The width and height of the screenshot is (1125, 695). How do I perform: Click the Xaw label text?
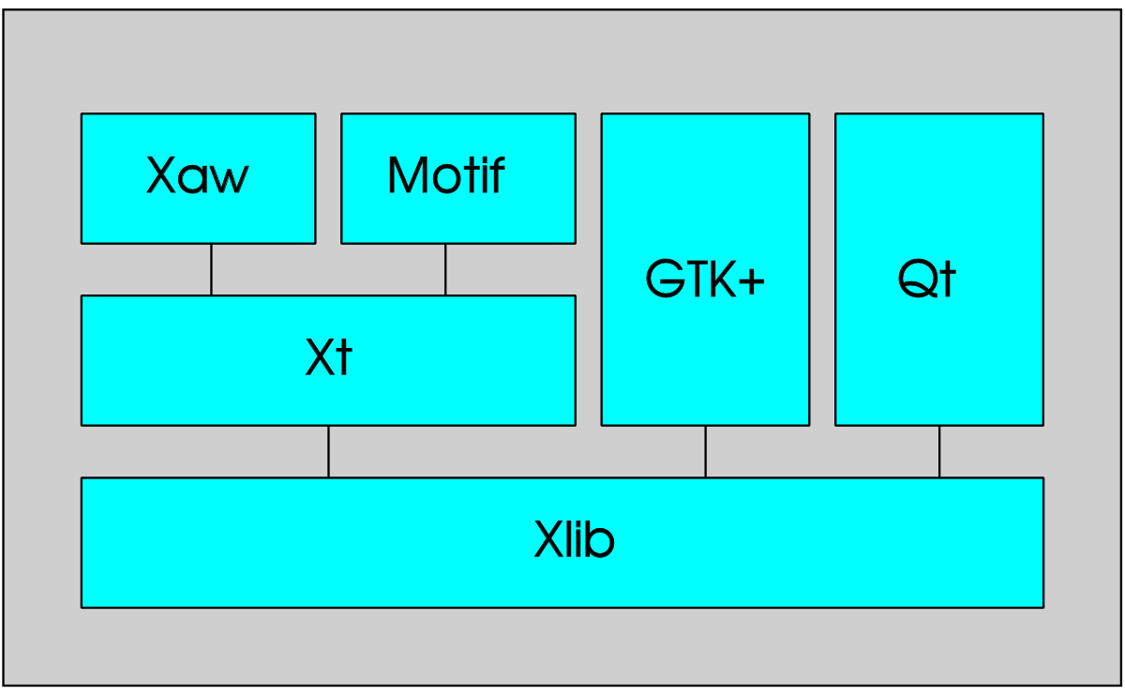[x=198, y=174]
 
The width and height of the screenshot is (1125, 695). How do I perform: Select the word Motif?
[x=446, y=174]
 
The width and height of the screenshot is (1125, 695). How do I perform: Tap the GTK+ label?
[x=705, y=278]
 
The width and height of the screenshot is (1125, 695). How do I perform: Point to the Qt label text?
[x=926, y=278]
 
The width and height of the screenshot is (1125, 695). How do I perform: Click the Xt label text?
[x=329, y=356]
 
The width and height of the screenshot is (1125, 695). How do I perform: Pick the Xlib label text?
[x=574, y=538]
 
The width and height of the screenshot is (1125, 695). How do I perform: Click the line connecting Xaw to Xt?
[x=211, y=270]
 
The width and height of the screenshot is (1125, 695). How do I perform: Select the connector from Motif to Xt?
[x=445, y=270]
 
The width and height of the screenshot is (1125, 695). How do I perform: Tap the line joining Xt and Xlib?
[x=328, y=452]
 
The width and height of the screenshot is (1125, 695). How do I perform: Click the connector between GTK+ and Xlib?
[x=705, y=452]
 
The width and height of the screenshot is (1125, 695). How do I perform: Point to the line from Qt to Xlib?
[x=939, y=452]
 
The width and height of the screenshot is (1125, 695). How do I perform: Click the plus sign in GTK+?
[x=752, y=281]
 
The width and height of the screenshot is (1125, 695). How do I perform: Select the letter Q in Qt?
[x=917, y=278]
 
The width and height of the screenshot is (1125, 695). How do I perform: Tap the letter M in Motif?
[x=408, y=174]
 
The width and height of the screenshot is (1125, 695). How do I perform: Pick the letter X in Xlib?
[x=550, y=538]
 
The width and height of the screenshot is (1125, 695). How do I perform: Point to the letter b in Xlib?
[x=600, y=538]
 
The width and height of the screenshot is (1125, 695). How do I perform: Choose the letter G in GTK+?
[x=665, y=278]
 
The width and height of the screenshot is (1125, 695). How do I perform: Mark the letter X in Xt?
[x=322, y=356]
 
